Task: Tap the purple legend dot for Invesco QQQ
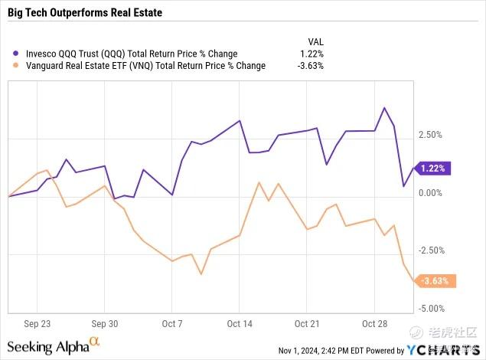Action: (x=18, y=54)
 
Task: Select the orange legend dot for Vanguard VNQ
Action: (x=18, y=66)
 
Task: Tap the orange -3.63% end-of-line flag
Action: (x=435, y=281)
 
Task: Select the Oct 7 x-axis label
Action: (x=172, y=323)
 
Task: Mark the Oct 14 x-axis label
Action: (x=240, y=323)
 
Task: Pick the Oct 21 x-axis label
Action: (x=306, y=323)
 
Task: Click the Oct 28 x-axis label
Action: (x=373, y=323)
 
